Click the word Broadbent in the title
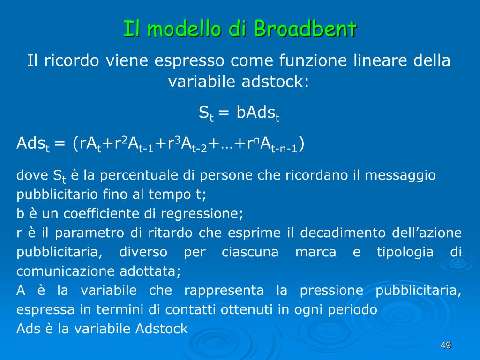305,29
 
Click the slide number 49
446,345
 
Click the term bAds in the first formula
255,112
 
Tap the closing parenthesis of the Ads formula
301,143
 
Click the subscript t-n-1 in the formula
284,149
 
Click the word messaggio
400,175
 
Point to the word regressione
202,213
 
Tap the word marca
315,252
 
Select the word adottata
150,271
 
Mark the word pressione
331,291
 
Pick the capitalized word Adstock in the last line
161,329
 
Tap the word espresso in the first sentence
189,60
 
